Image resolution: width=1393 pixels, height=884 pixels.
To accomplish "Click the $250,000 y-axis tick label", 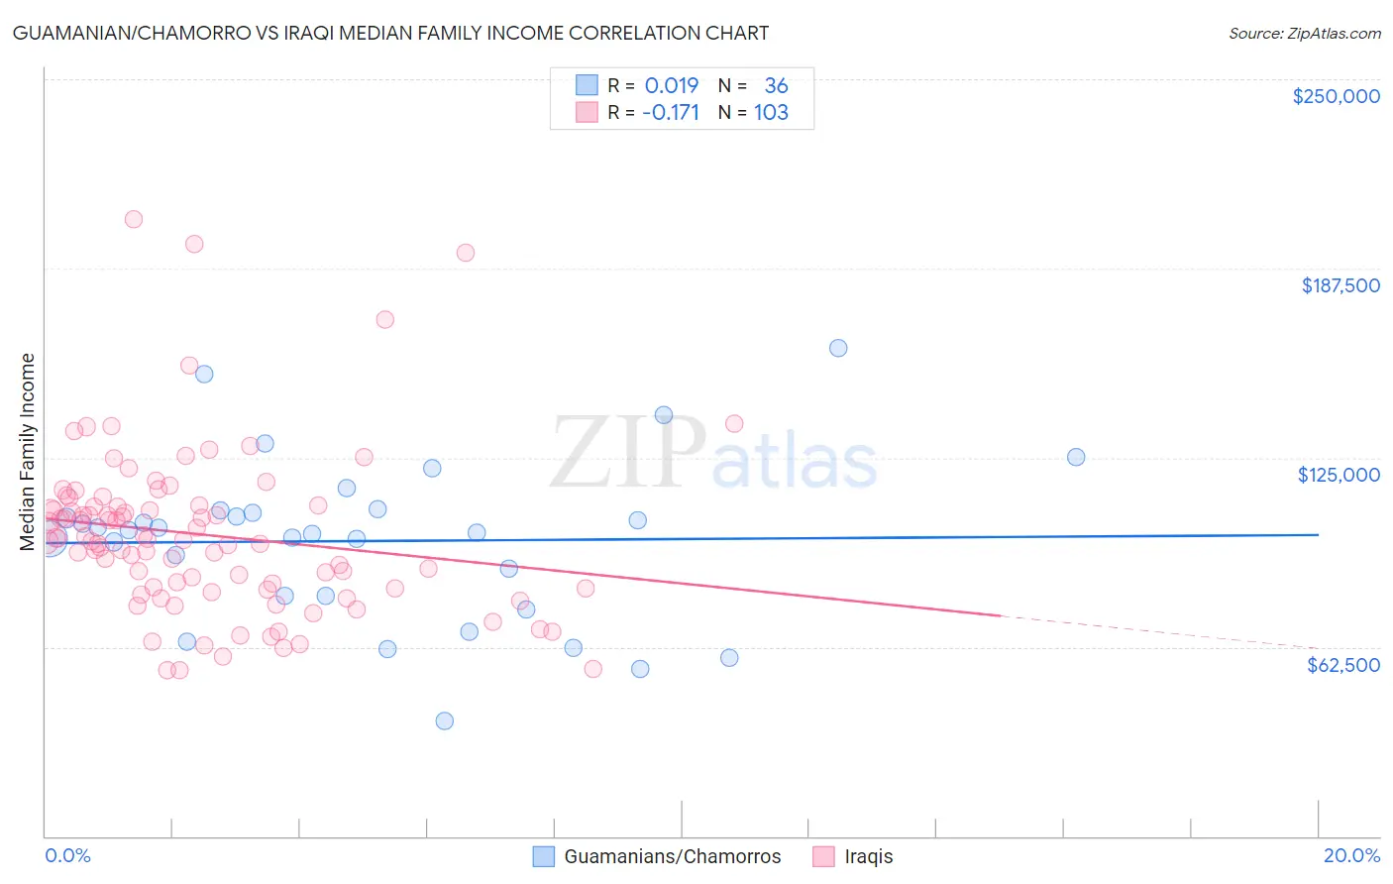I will click(x=1336, y=96).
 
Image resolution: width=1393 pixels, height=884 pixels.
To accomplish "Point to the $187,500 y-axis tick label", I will click(x=1339, y=285).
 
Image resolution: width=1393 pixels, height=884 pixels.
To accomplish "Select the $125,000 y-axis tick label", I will click(x=1339, y=475).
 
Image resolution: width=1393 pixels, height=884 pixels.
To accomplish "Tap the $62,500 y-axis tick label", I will click(x=1342, y=665).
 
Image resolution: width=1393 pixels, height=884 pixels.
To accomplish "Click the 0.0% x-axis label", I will click(x=67, y=855).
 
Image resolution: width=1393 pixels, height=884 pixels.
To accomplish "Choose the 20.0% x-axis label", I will click(x=1351, y=855).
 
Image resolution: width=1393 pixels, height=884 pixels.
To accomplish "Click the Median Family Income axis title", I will click(x=28, y=451).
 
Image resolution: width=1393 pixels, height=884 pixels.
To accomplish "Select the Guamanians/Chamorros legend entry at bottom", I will click(x=672, y=856).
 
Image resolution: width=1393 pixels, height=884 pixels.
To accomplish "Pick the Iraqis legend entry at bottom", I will click(x=868, y=856).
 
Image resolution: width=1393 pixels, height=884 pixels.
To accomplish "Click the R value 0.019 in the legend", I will click(x=672, y=86).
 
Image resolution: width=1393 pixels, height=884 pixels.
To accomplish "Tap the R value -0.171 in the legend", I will click(x=670, y=113).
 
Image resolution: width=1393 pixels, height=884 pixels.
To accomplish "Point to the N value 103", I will click(x=771, y=113).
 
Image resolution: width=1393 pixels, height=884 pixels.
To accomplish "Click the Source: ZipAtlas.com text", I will click(x=1304, y=34).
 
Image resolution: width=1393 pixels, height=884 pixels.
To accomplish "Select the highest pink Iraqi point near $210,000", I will click(x=133, y=219).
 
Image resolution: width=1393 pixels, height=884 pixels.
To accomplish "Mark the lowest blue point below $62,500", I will click(x=445, y=720).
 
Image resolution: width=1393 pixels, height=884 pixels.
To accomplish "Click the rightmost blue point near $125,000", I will click(x=1076, y=457).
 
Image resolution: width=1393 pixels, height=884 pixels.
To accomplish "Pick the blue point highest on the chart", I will click(x=838, y=348).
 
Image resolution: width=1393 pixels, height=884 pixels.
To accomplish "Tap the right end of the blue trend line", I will click(x=1318, y=534).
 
